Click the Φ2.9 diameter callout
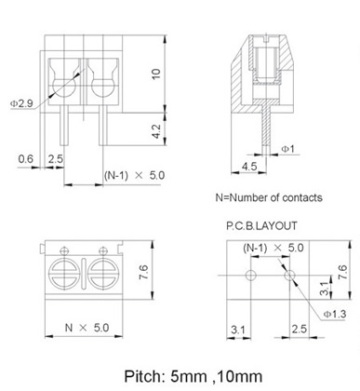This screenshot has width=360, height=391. pyautogui.click(x=21, y=103)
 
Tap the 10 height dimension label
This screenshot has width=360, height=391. pyautogui.click(x=156, y=74)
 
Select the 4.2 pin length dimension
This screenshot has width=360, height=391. pyautogui.click(x=156, y=131)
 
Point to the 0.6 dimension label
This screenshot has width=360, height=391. pyautogui.click(x=25, y=159)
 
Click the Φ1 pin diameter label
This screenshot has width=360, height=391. pyautogui.click(x=287, y=149)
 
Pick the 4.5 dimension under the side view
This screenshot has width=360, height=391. pyautogui.click(x=249, y=167)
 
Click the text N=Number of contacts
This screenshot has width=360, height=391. pyautogui.click(x=269, y=197)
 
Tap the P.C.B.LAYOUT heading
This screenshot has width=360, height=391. pyautogui.click(x=261, y=225)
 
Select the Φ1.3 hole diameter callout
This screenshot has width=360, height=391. pyautogui.click(x=335, y=314)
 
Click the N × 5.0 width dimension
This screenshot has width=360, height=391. pyautogui.click(x=87, y=328)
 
